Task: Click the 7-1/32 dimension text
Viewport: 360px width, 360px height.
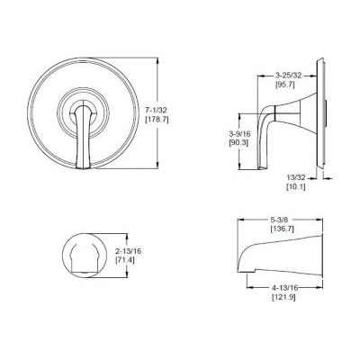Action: (157, 110)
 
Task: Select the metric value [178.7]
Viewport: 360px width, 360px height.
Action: (157, 120)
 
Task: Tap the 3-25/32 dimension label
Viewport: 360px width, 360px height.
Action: (288, 76)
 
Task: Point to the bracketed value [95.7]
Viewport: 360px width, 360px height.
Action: (285, 85)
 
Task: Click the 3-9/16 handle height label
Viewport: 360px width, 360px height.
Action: (239, 133)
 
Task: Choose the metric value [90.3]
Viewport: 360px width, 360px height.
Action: (238, 143)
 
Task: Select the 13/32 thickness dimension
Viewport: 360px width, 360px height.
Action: (296, 177)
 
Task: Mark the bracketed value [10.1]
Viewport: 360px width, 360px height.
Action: (296, 187)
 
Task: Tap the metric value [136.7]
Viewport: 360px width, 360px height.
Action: (282, 229)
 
